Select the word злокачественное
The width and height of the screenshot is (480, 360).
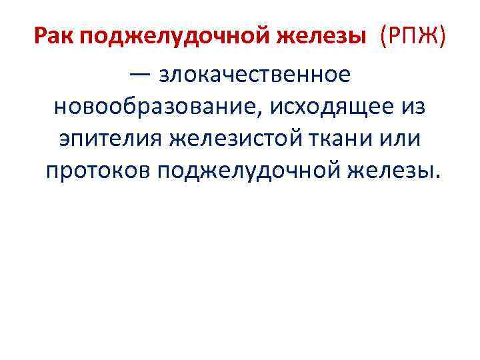(x=254, y=74)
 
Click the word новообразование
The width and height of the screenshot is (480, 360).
(x=157, y=106)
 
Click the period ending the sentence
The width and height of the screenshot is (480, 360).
(x=437, y=177)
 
